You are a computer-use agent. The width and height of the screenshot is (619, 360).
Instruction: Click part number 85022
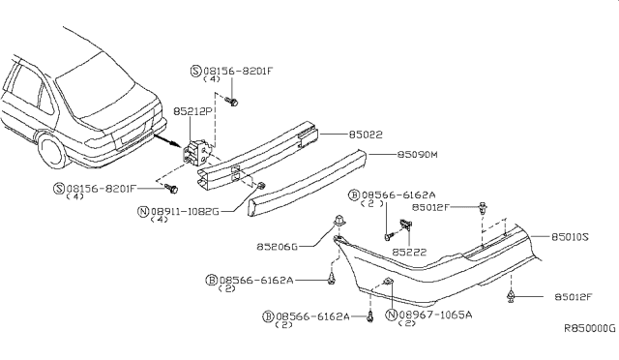(366, 135)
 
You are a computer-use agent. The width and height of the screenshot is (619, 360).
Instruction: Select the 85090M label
(417, 154)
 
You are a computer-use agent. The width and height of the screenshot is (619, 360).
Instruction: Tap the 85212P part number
(192, 111)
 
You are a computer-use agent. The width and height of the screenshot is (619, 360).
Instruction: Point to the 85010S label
(570, 237)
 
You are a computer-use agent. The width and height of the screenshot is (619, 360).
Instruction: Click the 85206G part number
(278, 247)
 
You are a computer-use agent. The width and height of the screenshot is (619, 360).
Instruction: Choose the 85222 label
(409, 253)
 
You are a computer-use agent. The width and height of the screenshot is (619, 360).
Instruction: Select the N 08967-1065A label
(429, 315)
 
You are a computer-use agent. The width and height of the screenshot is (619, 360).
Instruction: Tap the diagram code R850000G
(589, 328)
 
